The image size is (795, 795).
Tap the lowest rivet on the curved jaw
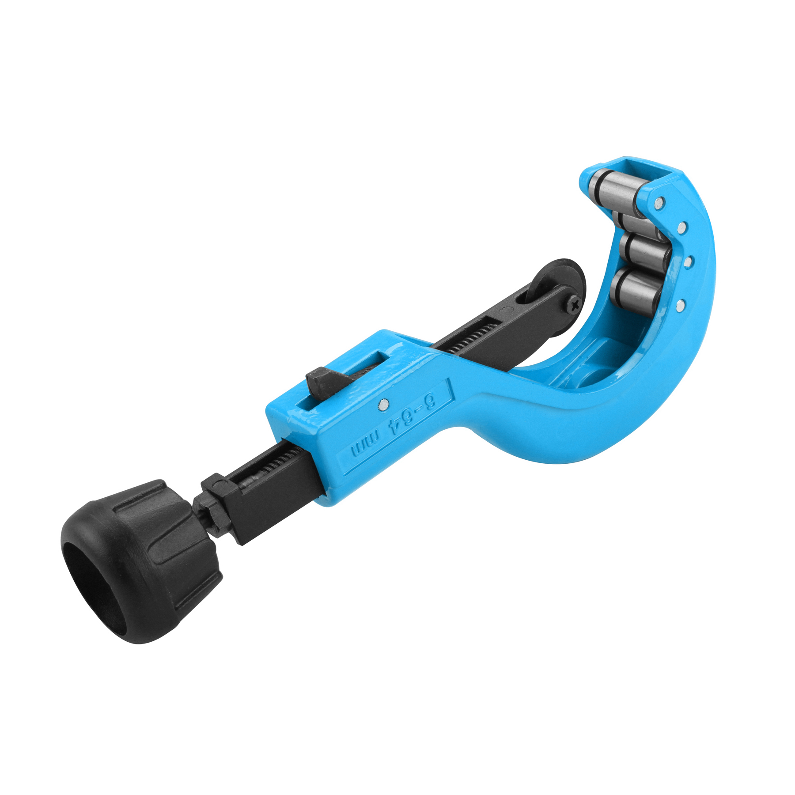click(x=681, y=303)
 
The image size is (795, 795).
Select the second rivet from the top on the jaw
click(x=682, y=228)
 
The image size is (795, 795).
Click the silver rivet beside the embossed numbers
click(x=384, y=404)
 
